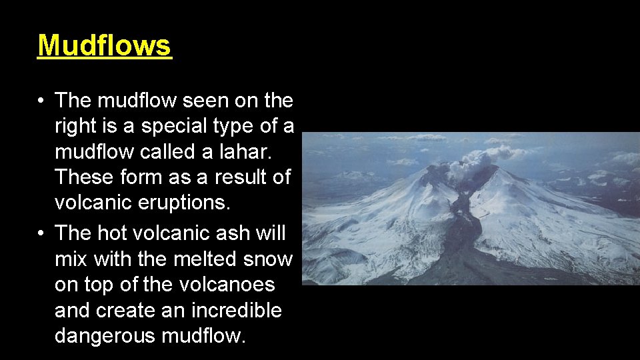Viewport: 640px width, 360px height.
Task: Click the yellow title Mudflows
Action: (105, 46)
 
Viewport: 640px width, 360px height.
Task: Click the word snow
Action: (269, 259)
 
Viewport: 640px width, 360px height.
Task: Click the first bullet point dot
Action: (41, 101)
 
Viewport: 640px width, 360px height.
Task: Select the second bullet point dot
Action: (41, 234)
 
